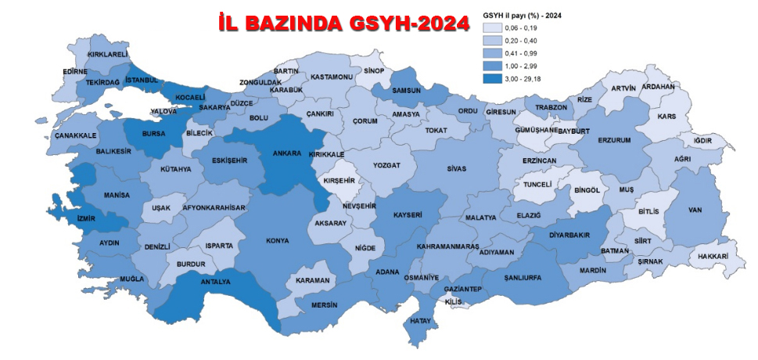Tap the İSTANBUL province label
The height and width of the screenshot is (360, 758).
(x=142, y=80)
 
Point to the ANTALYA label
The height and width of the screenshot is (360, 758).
(x=217, y=282)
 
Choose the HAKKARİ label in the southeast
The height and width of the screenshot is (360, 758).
(x=713, y=256)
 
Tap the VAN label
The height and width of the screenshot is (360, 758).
(x=695, y=210)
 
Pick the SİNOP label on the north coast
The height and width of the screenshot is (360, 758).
(x=373, y=70)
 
